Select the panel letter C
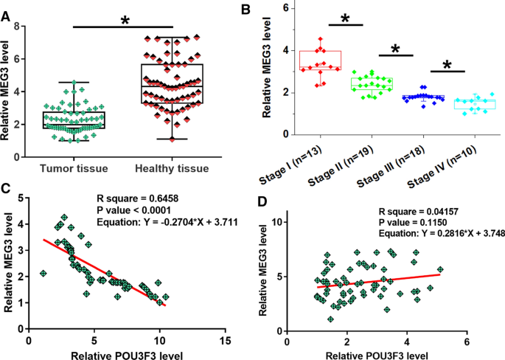[x=7, y=188]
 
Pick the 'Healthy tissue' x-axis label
[x=173, y=169]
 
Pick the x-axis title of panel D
[x=375, y=355]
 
